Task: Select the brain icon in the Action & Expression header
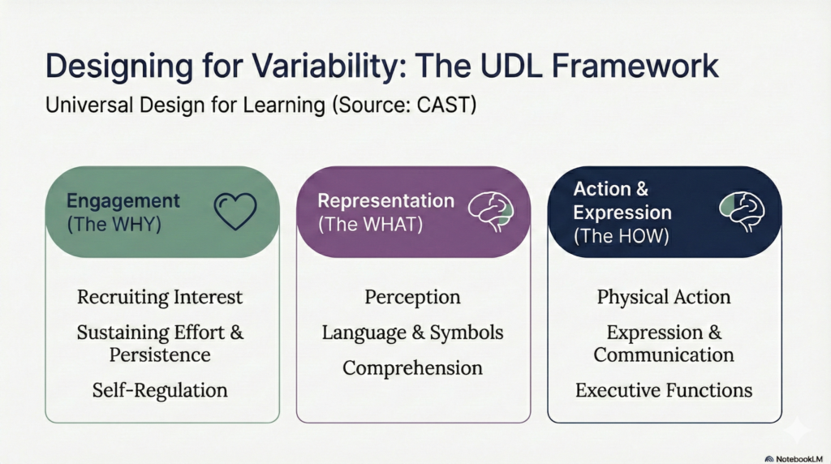point(742,211)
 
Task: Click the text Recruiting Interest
point(160,297)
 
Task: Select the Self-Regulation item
point(160,390)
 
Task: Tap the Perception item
point(412,297)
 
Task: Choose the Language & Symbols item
point(412,333)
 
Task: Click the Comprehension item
point(412,367)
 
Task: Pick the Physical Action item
point(664,297)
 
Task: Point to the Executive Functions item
point(664,390)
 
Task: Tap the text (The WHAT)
point(369,224)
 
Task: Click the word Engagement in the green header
point(123,201)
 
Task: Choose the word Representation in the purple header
point(385,200)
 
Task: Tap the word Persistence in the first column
point(160,355)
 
